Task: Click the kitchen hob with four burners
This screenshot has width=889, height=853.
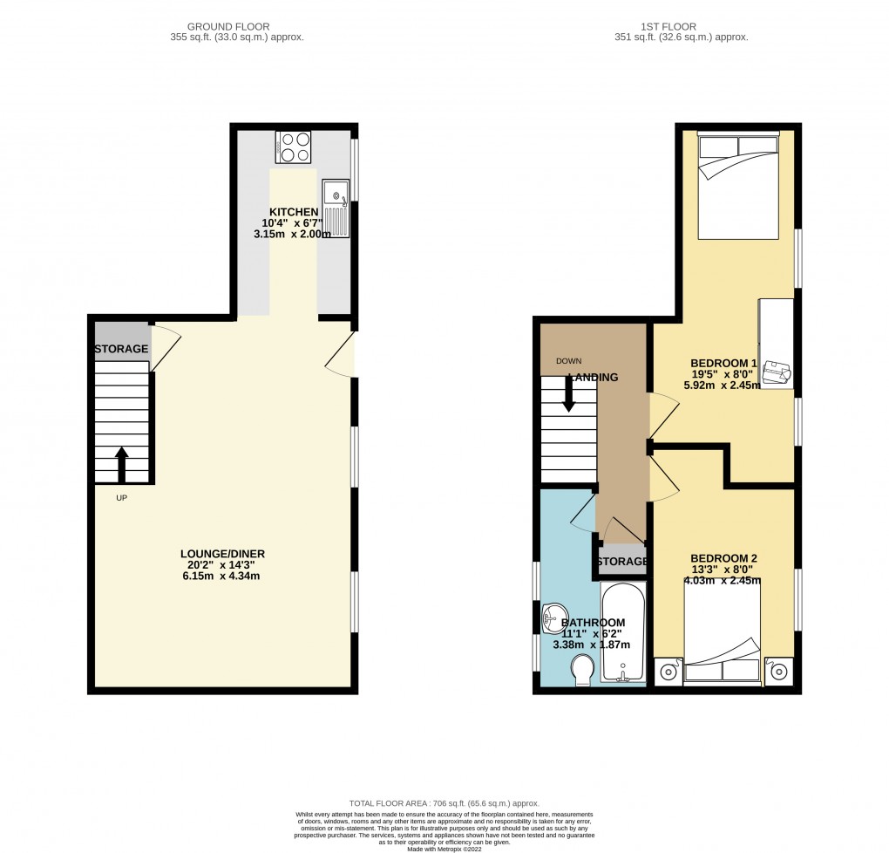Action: [293, 147]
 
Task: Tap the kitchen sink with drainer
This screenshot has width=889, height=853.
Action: [335, 203]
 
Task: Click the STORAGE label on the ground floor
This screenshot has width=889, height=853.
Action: [121, 349]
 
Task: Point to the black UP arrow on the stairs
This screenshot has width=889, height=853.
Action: [121, 463]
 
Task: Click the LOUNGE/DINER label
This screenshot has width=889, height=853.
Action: [222, 553]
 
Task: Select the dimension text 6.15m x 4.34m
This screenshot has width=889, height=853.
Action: [222, 576]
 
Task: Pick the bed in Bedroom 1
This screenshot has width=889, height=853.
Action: [738, 185]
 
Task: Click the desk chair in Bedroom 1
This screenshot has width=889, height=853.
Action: [777, 372]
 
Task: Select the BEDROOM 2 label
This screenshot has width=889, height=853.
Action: [723, 558]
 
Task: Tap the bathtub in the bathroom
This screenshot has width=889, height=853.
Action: [622, 633]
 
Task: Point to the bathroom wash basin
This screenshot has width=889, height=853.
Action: [553, 619]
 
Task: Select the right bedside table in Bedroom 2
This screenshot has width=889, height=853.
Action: [778, 672]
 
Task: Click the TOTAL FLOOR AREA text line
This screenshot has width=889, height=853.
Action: [444, 803]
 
